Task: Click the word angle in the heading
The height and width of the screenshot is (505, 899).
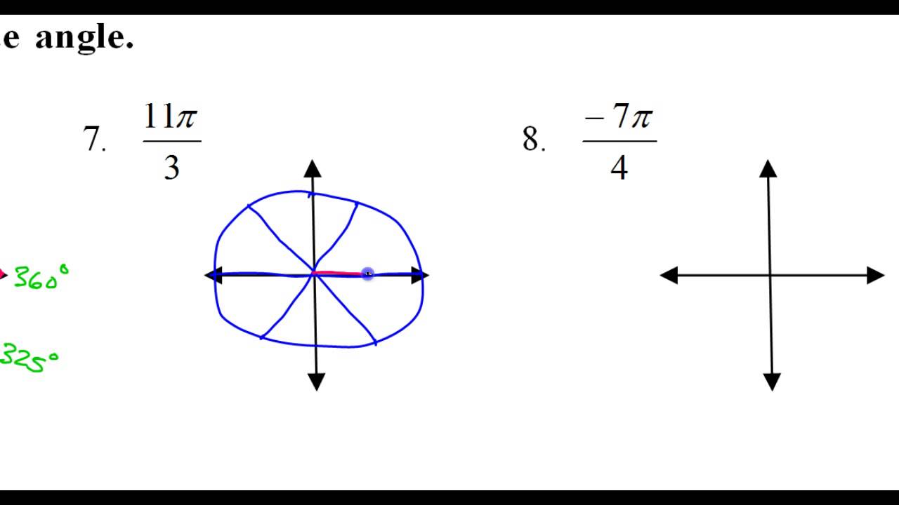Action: click(84, 38)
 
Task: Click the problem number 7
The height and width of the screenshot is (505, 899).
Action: click(93, 139)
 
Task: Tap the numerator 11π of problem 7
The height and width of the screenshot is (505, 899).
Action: click(171, 116)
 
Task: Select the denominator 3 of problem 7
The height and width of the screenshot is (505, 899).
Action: click(171, 168)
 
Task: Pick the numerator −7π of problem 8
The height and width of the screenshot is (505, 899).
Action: click(619, 116)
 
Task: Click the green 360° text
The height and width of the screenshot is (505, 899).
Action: click(41, 278)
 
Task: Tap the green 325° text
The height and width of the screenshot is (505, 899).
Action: click(29, 358)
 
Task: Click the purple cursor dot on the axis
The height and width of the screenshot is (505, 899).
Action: click(367, 274)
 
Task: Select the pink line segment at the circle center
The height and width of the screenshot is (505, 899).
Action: click(337, 273)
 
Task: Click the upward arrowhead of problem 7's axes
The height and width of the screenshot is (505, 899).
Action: click(313, 168)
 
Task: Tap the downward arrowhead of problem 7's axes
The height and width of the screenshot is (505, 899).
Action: click(316, 382)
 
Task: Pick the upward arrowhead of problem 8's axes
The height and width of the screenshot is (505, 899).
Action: click(768, 168)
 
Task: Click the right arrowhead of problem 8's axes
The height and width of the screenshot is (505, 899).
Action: click(875, 275)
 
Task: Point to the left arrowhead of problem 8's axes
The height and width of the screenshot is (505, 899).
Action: click(669, 275)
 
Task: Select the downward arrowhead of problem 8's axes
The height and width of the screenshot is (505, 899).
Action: click(772, 382)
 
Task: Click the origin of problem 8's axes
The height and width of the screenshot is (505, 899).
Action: click(770, 275)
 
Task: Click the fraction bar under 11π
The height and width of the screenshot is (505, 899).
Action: click(172, 142)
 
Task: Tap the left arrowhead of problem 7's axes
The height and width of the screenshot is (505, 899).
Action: click(212, 275)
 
